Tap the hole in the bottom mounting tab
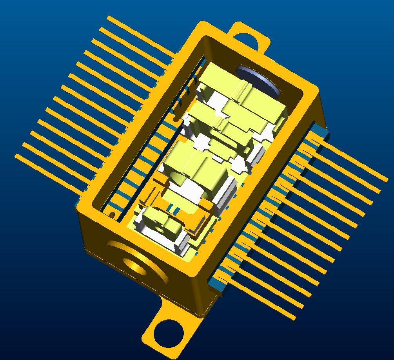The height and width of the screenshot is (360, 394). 169,333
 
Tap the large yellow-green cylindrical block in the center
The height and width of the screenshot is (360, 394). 194,166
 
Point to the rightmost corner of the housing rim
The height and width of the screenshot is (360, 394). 317,93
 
